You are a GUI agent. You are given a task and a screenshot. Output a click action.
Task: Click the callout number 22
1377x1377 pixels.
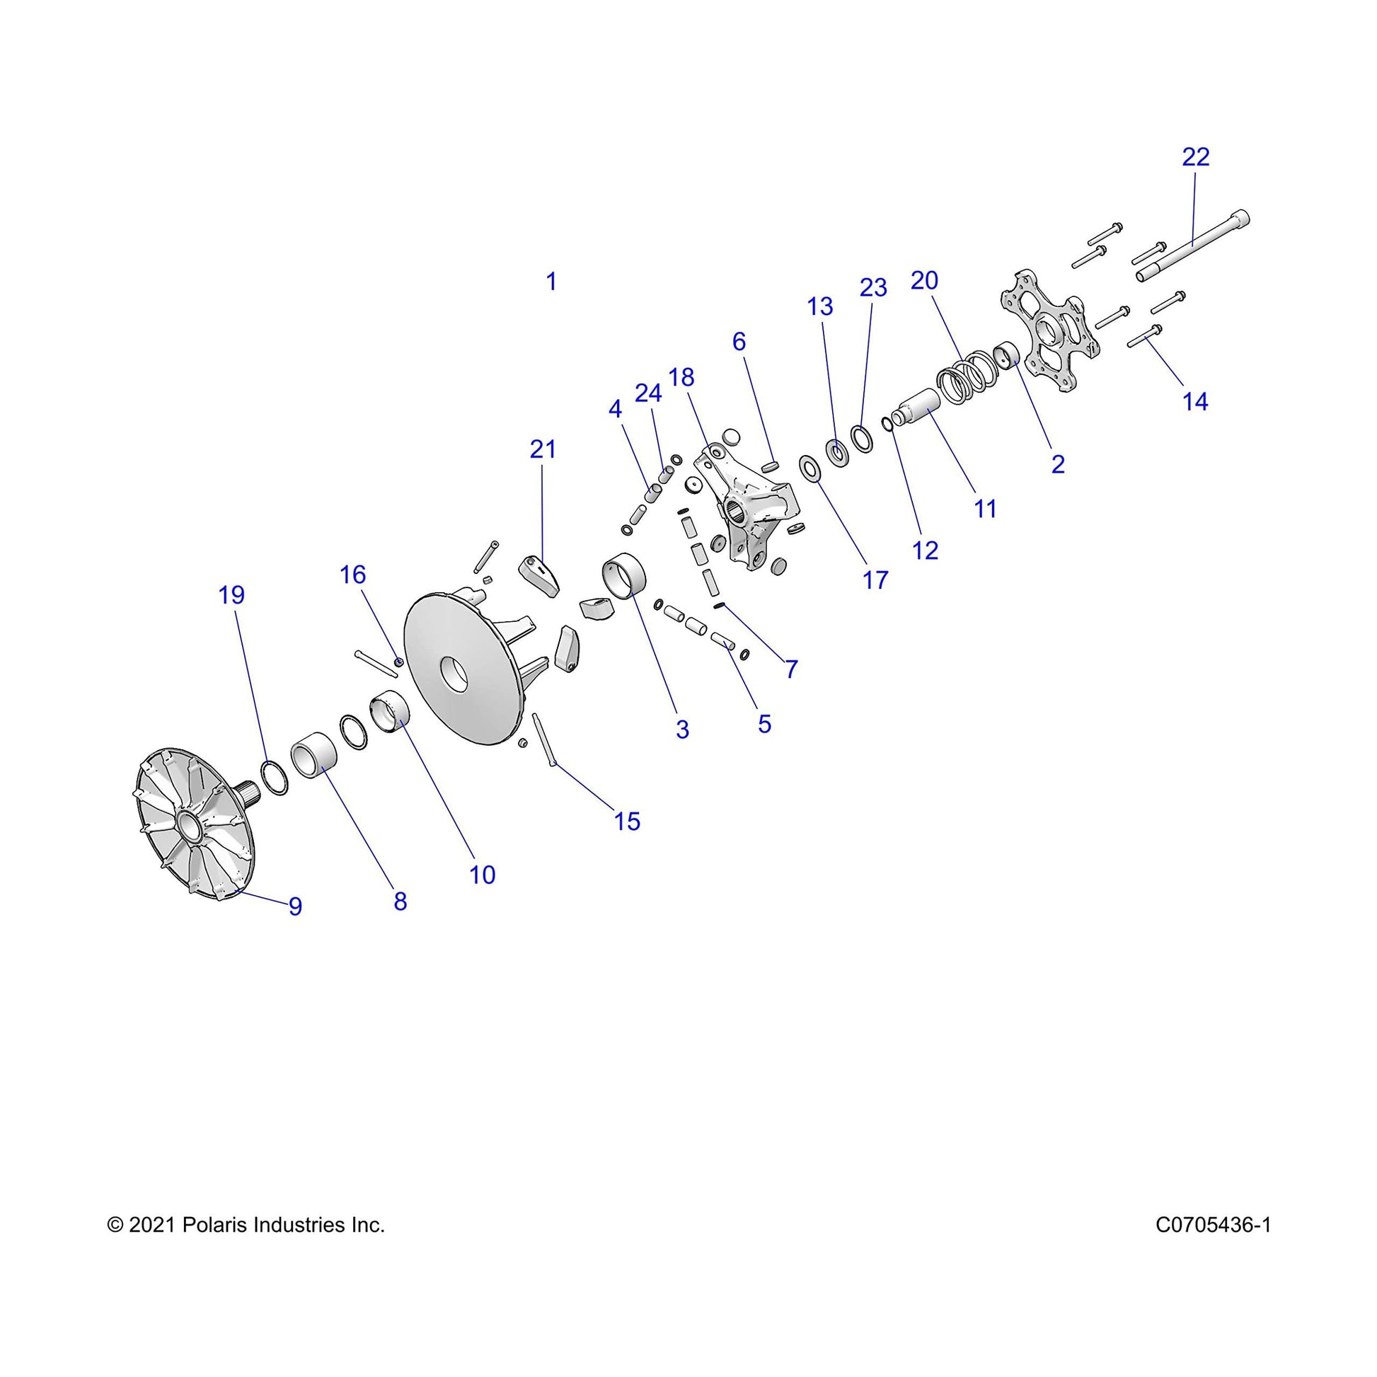coord(1195,158)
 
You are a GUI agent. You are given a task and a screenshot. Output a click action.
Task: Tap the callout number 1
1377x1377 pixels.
coord(551,282)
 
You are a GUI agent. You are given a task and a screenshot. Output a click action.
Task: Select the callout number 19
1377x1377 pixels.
coord(231,594)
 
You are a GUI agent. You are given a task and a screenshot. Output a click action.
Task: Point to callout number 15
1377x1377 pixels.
coord(627,821)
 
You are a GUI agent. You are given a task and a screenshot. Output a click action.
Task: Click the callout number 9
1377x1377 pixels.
coord(295,906)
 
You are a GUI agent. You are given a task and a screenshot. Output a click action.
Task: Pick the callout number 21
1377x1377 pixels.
coord(543,449)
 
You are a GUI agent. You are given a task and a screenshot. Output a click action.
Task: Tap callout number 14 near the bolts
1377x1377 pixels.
coord(1195,402)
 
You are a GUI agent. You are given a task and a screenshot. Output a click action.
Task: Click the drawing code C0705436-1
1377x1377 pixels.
coord(1213,1225)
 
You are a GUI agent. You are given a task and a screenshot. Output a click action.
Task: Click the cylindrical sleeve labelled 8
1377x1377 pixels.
coord(313,756)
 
